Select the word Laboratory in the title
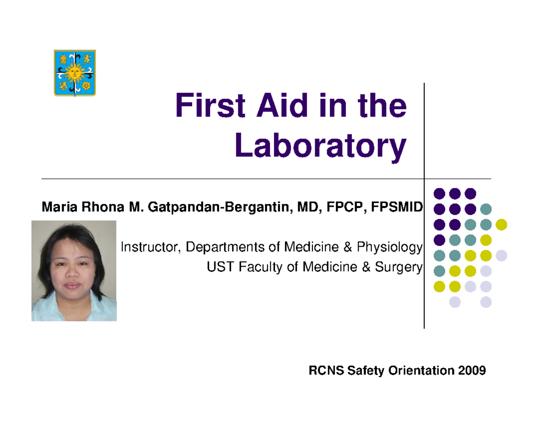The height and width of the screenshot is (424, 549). (x=320, y=145)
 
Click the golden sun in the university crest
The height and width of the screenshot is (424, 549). (x=75, y=72)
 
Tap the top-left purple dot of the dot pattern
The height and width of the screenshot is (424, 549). (x=439, y=193)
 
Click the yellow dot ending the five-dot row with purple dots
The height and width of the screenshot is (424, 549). (x=501, y=224)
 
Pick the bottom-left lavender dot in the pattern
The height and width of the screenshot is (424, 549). (x=455, y=302)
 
